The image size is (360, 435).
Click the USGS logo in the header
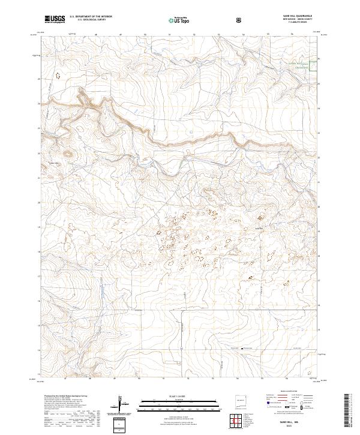[x=55, y=20]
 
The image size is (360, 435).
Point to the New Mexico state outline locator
[x=242, y=400]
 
